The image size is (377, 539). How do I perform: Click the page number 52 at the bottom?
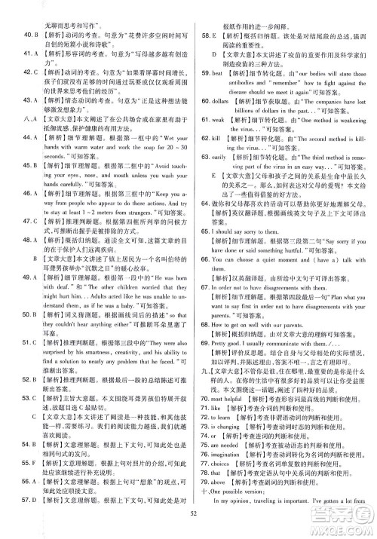click(x=188, y=513)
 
